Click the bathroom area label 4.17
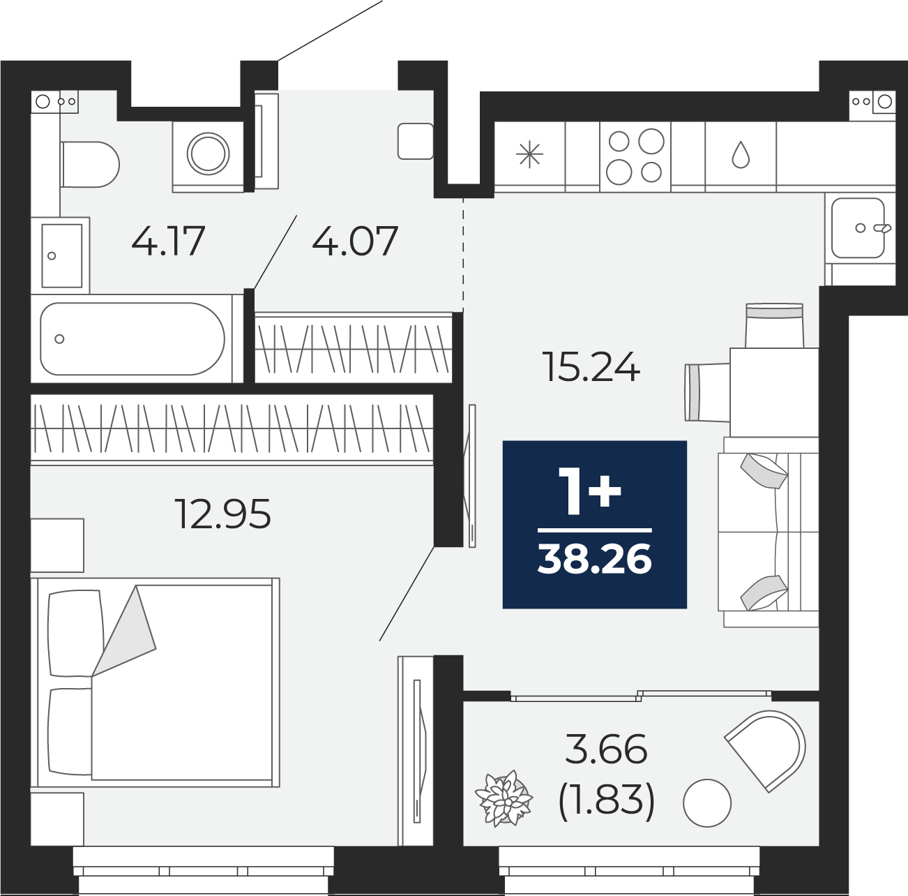click(168, 241)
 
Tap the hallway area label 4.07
click(355, 241)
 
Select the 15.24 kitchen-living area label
click(591, 367)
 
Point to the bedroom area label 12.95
click(223, 514)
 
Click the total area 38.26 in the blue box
click(595, 559)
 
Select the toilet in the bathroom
click(89, 165)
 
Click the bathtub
click(133, 338)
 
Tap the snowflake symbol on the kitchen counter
click(529, 154)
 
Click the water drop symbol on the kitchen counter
click(741, 155)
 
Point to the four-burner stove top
click(635, 156)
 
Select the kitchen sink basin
click(858, 227)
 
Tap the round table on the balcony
click(706, 802)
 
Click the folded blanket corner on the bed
click(123, 631)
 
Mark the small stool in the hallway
click(416, 141)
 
